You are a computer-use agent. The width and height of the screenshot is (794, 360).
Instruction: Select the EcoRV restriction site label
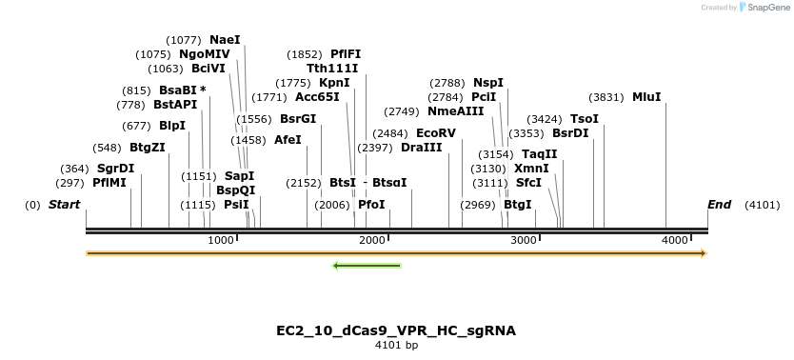435,133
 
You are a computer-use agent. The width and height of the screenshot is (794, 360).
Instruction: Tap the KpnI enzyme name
334,83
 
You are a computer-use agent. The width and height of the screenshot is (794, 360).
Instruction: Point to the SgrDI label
115,169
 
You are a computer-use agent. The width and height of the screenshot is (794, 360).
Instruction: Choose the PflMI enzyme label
109,183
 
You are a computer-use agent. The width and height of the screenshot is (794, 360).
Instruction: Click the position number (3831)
606,96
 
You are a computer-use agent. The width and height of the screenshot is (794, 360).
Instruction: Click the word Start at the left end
64,205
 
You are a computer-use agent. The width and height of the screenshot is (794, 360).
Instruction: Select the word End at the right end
720,205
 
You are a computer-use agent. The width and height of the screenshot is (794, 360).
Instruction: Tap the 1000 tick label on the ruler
221,240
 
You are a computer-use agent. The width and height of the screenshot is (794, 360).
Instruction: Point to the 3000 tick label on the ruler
524,240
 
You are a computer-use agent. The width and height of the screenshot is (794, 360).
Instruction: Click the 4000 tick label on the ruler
675,240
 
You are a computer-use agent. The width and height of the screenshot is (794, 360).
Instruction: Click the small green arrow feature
367,265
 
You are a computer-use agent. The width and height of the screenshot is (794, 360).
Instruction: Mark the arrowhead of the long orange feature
704,253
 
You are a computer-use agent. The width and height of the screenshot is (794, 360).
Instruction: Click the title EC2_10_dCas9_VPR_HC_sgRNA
396,330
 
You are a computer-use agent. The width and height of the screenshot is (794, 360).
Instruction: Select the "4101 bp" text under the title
396,345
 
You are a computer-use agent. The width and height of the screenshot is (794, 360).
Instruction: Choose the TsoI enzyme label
585,119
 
